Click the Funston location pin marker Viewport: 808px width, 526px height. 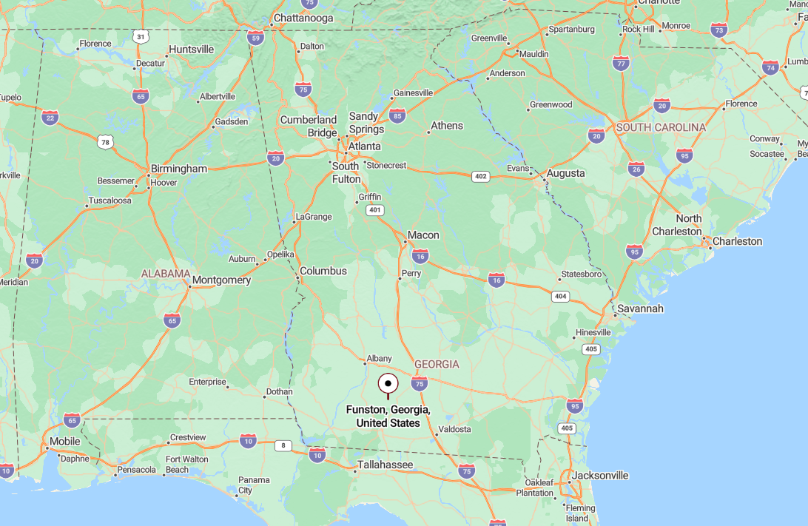pos(388,384)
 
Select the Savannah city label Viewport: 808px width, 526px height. pos(641,308)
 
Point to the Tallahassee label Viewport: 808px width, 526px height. pos(385,465)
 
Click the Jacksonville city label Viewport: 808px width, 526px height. pos(600,475)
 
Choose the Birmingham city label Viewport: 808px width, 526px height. pos(179,169)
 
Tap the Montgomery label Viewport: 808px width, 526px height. pos(221,280)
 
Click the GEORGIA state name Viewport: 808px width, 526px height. pos(437,364)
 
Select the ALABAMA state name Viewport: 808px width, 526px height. pos(166,274)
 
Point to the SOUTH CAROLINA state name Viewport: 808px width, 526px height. pos(661,127)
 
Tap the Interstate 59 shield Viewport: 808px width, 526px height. pos(256,37)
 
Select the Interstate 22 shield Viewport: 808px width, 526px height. pos(50,117)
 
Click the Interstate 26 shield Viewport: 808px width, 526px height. pos(636,169)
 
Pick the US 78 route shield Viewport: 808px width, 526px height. pos(106,141)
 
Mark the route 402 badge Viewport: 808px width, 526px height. pos(481,176)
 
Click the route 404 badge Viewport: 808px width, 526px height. pos(560,296)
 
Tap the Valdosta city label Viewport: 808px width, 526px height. pos(454,429)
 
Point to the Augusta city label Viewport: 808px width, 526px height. pos(565,173)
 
